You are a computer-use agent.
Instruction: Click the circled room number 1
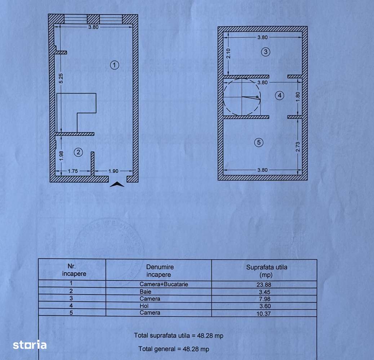[x=114, y=65]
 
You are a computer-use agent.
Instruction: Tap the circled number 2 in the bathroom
[x=78, y=152]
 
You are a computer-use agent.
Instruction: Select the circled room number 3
[x=266, y=52]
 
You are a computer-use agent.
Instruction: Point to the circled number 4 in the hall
[x=279, y=95]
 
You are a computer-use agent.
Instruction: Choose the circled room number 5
[x=258, y=143]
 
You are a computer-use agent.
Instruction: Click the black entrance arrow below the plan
[x=117, y=185]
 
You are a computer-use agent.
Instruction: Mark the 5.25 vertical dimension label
[x=61, y=79]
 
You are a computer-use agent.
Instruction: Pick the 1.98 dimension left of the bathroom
[x=61, y=154]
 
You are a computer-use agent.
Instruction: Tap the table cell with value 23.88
[x=264, y=284]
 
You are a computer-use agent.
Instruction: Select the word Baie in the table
[x=146, y=292]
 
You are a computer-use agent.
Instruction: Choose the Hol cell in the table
[x=144, y=306]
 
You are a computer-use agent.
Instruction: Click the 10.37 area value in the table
[x=264, y=313]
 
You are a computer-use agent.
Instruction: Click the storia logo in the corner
[x=30, y=345]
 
